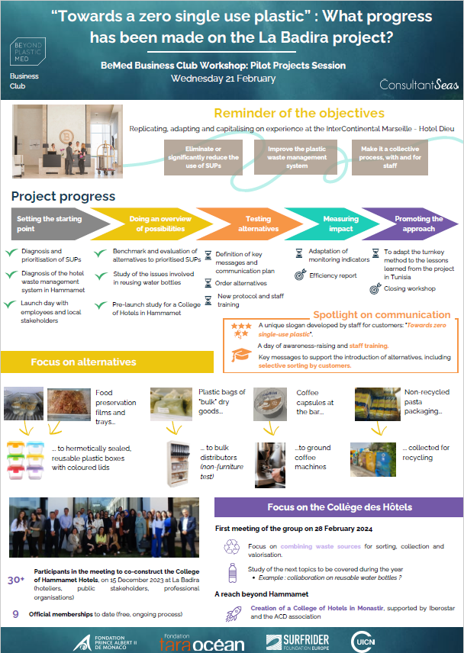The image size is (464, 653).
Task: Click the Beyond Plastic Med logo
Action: click(x=27, y=52)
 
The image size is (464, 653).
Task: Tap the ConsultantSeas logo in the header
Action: click(x=419, y=85)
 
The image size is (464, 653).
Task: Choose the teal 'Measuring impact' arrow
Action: click(x=333, y=224)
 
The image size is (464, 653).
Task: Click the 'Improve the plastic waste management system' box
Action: click(x=297, y=157)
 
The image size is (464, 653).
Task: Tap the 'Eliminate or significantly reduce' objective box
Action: click(x=203, y=157)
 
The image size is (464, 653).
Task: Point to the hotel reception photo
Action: click(x=67, y=141)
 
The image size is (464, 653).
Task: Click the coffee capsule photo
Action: click(x=270, y=404)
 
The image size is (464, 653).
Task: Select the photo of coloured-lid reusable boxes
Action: click(x=26, y=461)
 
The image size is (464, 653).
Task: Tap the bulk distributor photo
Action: click(x=179, y=464)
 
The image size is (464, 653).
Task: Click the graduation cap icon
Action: click(x=241, y=355)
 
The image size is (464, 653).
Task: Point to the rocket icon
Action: click(x=233, y=614)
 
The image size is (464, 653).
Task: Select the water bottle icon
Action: click(x=233, y=573)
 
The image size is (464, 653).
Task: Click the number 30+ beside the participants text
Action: click(x=16, y=580)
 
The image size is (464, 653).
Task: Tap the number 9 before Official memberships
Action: click(x=16, y=614)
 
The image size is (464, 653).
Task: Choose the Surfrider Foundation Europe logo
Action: click(x=298, y=642)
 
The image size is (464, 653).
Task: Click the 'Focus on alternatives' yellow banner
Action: click(x=107, y=362)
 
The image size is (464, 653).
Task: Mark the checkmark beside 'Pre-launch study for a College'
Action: click(x=101, y=305)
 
